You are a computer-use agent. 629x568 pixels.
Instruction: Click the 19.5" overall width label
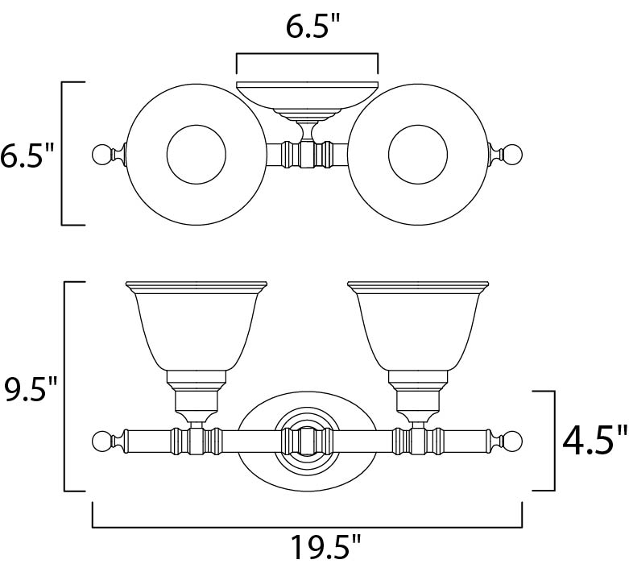(x=325, y=547)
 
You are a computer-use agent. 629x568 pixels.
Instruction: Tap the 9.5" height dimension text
(x=31, y=388)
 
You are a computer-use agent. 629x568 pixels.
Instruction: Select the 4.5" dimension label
(x=594, y=442)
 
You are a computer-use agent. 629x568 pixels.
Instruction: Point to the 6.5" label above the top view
(x=312, y=27)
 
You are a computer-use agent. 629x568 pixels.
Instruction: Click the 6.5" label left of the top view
(x=27, y=155)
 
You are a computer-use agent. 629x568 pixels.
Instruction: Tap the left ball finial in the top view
(x=101, y=155)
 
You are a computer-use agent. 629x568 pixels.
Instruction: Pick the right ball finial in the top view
(x=514, y=155)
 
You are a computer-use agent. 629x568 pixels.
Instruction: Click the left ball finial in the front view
(x=101, y=442)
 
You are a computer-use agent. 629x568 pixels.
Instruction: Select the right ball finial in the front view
(x=514, y=442)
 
